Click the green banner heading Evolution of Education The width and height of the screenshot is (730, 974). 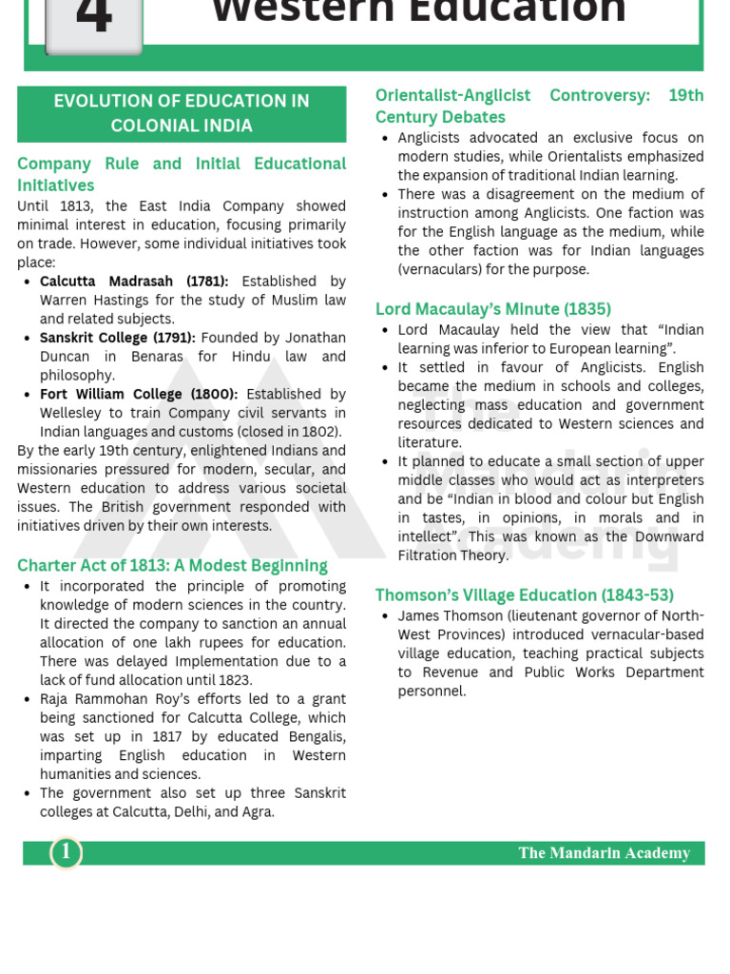[182, 113]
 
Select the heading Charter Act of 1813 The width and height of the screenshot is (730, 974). [172, 566]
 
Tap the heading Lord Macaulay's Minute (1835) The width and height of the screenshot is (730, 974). [492, 309]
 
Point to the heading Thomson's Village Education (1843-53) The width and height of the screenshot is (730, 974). [524, 595]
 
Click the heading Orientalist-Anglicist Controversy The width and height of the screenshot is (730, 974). [539, 106]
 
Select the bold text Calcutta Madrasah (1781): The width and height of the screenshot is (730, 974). [134, 282]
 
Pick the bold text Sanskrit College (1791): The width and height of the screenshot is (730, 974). [118, 338]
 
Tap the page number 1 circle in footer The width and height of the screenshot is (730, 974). [67, 852]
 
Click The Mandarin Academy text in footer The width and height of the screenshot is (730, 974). [604, 853]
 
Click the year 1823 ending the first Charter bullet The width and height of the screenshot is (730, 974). [233, 680]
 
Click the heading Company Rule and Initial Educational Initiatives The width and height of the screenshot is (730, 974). [182, 174]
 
